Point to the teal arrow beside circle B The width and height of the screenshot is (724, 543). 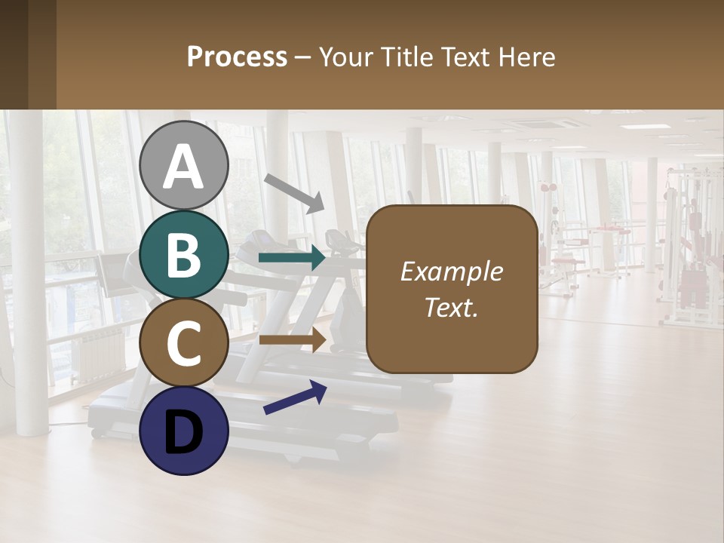(x=292, y=259)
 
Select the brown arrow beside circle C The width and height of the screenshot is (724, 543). (x=292, y=339)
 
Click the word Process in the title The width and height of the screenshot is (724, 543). (x=237, y=57)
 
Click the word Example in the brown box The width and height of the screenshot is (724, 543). (x=451, y=271)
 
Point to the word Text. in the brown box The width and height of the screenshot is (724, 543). (x=451, y=307)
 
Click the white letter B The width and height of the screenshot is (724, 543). (x=184, y=255)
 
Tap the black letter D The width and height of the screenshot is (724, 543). (x=184, y=432)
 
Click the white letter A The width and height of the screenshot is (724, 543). (x=184, y=166)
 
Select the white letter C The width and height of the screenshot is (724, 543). (x=184, y=343)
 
